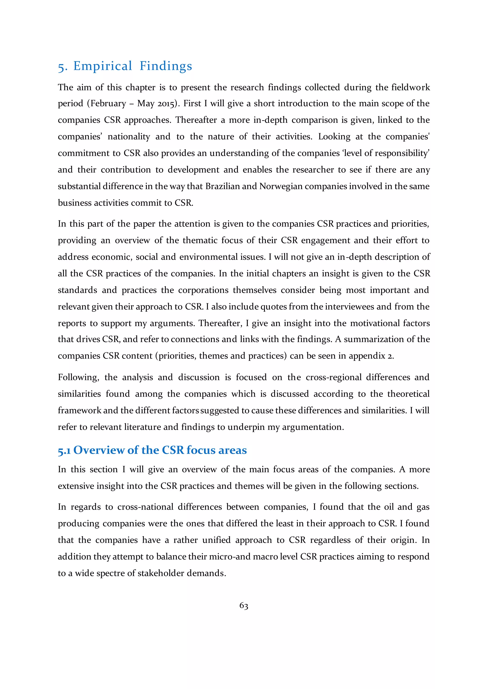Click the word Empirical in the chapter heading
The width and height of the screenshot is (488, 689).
pyautogui.click(x=102, y=66)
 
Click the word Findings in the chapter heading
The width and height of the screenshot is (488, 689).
pyautogui.click(x=166, y=66)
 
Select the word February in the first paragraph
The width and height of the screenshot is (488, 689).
pyautogui.click(x=108, y=103)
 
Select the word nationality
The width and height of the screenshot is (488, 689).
pyautogui.click(x=129, y=137)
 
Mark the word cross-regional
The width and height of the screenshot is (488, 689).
pyautogui.click(x=334, y=378)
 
